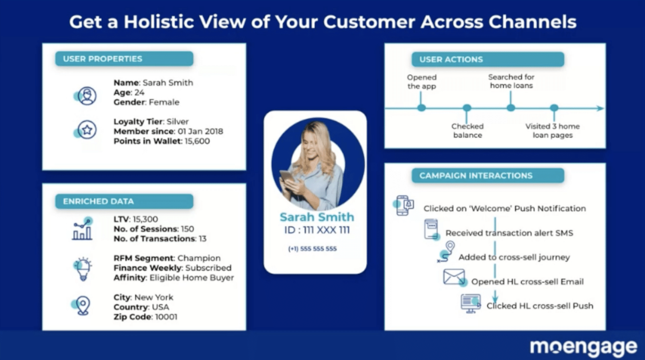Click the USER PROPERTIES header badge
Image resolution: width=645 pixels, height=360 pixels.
coord(124,59)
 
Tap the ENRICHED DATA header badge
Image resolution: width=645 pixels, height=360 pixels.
coord(124,201)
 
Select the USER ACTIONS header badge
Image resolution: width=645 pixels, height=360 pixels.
coord(488,59)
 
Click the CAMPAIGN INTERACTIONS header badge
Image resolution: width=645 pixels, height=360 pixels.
coord(488,176)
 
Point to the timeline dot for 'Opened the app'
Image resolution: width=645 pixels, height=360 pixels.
coord(421,108)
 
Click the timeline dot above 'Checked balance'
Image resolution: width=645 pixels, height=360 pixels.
coord(467,108)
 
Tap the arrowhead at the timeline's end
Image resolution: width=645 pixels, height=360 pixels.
coord(600,108)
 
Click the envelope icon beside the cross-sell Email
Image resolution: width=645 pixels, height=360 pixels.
coord(454,277)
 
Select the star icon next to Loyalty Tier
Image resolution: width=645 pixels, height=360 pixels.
coord(86,130)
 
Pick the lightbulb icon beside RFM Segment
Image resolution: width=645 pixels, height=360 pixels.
coord(83,269)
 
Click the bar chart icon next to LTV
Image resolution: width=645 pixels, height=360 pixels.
coord(83,229)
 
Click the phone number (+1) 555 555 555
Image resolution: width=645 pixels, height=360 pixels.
coord(312,249)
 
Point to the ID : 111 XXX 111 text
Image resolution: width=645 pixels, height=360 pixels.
coord(317,230)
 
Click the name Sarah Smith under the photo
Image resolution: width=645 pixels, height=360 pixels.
coord(317,217)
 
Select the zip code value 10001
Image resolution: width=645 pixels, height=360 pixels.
coord(166,317)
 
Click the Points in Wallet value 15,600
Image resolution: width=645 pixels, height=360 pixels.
coord(197,141)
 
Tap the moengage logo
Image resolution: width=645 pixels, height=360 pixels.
coord(584,347)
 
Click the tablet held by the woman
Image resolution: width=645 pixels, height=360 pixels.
coord(287,176)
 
